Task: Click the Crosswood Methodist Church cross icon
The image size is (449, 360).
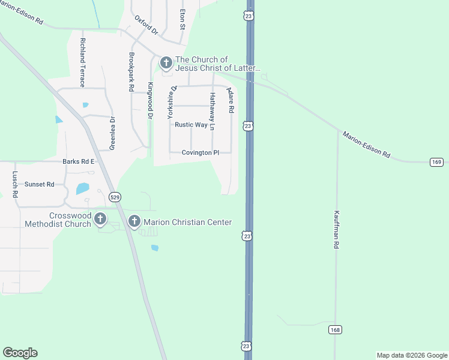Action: click(x=100, y=219)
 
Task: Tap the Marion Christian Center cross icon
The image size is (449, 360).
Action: click(x=134, y=222)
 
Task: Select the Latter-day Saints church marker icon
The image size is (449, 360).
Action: click(x=166, y=62)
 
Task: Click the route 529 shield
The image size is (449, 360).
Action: click(x=116, y=197)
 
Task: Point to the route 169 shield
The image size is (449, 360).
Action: click(x=436, y=162)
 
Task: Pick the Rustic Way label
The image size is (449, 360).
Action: click(x=191, y=125)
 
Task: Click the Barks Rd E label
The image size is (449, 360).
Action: click(x=79, y=161)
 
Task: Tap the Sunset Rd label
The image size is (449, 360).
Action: click(x=40, y=184)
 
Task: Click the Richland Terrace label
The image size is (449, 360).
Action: click(x=82, y=62)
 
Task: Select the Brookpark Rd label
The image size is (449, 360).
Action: click(x=131, y=71)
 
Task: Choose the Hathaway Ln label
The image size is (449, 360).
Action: click(x=211, y=112)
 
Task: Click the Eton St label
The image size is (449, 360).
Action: click(x=181, y=19)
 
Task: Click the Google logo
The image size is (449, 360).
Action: click(x=20, y=353)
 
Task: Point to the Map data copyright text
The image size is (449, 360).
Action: click(x=412, y=355)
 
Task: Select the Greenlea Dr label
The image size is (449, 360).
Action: click(x=112, y=133)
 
